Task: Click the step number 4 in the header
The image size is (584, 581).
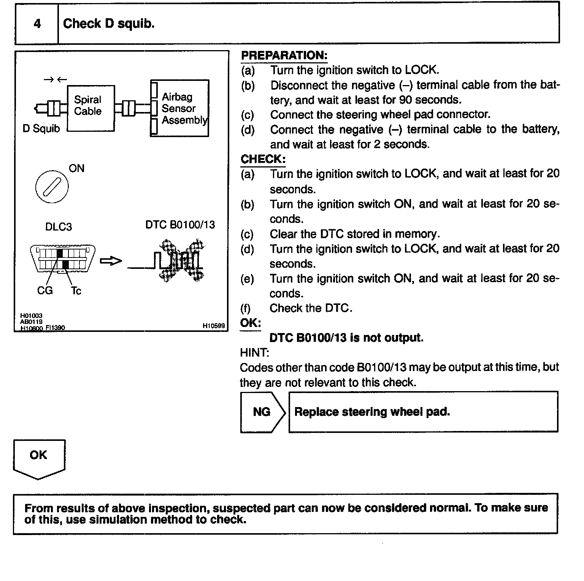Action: pos(37,24)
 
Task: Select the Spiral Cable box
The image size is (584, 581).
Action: pos(90,108)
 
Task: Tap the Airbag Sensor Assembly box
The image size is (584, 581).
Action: pos(180,108)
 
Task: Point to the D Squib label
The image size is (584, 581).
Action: pos(41,129)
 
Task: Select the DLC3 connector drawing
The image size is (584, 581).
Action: pos(62,259)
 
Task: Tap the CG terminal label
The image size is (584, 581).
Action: pos(45,291)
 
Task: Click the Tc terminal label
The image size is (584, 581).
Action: pos(76,291)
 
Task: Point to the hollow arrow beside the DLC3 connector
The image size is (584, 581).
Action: pos(111,261)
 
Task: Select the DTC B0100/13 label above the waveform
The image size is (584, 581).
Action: pos(180,225)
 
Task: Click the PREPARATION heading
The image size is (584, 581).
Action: pos(284,55)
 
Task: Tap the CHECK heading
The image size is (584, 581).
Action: pos(263,159)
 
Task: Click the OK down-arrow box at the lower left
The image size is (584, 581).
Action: pos(38,458)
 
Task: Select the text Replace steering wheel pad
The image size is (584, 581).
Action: pos(372,412)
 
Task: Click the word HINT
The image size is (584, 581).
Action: pos(254,353)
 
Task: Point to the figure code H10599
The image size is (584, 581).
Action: pos(214,325)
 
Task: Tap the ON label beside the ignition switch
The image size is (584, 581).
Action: pos(76,169)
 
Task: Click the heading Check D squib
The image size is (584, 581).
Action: pos(109,24)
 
